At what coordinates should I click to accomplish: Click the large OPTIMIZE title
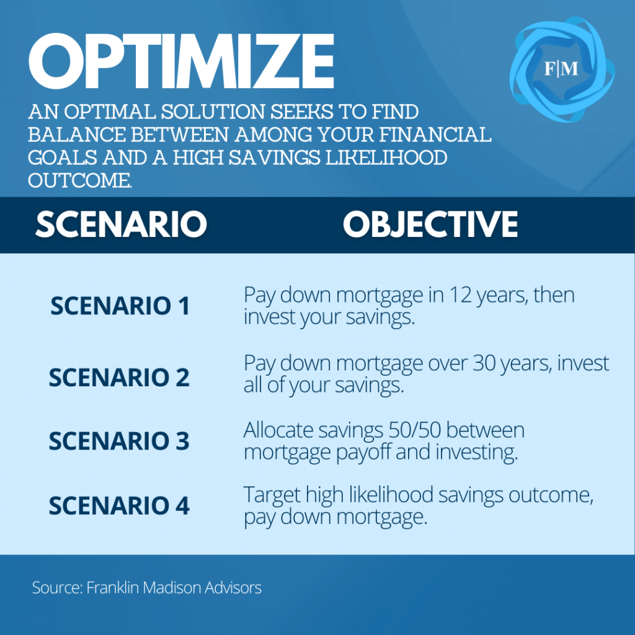tap(181, 61)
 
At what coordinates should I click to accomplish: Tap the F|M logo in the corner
tap(562, 69)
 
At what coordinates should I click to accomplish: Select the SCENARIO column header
tap(121, 224)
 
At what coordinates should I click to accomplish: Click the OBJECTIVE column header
tap(430, 224)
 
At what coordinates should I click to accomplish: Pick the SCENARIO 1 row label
tap(120, 306)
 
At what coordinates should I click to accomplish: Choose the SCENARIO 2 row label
tap(119, 378)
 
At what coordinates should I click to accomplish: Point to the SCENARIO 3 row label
tap(119, 441)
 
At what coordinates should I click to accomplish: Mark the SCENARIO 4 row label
tap(119, 505)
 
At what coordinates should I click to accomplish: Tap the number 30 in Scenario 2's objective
tap(484, 363)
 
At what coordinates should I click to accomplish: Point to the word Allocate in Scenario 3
tap(278, 430)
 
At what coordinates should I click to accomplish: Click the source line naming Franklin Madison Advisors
tap(146, 588)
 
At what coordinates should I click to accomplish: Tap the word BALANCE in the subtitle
tap(77, 135)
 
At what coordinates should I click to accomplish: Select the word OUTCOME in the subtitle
tap(80, 180)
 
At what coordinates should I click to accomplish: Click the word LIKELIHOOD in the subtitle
tap(386, 158)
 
